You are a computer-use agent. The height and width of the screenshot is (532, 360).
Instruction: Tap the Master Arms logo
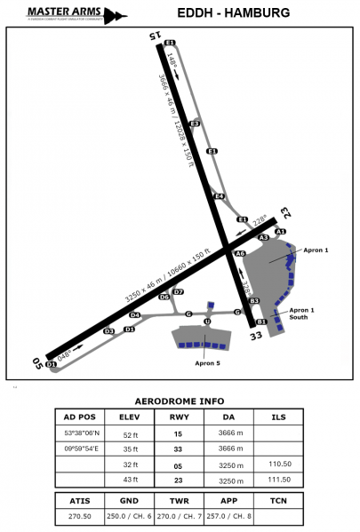pos(64,14)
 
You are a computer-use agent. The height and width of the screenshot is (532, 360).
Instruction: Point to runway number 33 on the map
pos(256,336)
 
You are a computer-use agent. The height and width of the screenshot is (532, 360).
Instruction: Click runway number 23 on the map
pos(285,212)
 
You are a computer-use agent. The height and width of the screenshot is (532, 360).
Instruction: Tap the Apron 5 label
pos(207,362)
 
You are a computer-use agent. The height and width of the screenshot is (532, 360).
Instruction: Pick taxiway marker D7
pos(178,291)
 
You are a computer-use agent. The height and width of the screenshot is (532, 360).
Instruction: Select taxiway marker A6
pos(240,254)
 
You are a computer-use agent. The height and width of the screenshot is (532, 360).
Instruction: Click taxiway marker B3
pos(253,301)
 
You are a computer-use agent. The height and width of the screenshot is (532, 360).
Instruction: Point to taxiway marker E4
pos(219,196)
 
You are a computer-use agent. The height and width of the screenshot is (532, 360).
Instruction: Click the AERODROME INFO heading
pos(180,401)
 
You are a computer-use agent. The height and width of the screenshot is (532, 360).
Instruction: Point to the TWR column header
pos(180,499)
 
